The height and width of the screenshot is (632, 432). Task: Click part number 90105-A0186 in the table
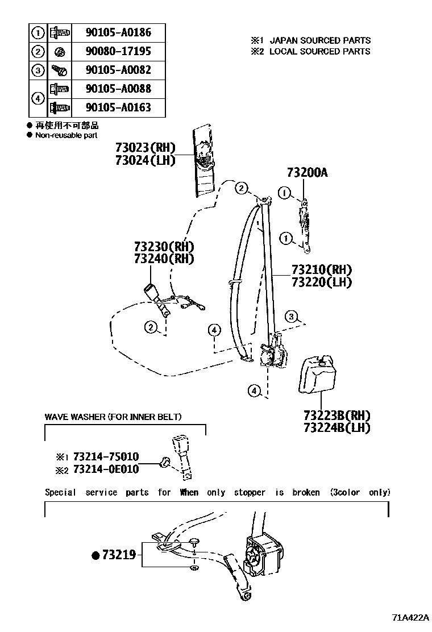click(x=118, y=32)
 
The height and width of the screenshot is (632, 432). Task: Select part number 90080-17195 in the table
click(x=118, y=51)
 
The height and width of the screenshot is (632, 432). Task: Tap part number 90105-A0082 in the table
click(x=118, y=70)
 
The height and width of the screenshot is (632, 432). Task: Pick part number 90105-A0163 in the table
click(x=118, y=107)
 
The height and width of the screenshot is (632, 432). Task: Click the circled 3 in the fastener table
click(x=38, y=70)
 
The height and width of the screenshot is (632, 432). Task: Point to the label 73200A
click(x=307, y=173)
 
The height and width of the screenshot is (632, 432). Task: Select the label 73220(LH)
click(x=321, y=282)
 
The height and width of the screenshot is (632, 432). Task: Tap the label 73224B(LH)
click(x=337, y=427)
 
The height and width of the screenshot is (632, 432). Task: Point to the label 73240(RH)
click(x=164, y=259)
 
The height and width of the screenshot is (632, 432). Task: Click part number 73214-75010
click(x=105, y=457)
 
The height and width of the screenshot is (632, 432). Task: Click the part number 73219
click(x=119, y=555)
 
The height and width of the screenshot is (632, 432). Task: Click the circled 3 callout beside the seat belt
click(x=292, y=317)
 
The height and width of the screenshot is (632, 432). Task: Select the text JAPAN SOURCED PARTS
click(x=319, y=40)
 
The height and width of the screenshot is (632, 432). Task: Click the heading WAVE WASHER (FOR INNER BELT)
click(x=113, y=417)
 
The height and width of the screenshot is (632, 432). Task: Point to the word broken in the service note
click(x=306, y=492)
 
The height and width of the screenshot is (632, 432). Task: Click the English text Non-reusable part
click(x=66, y=135)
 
